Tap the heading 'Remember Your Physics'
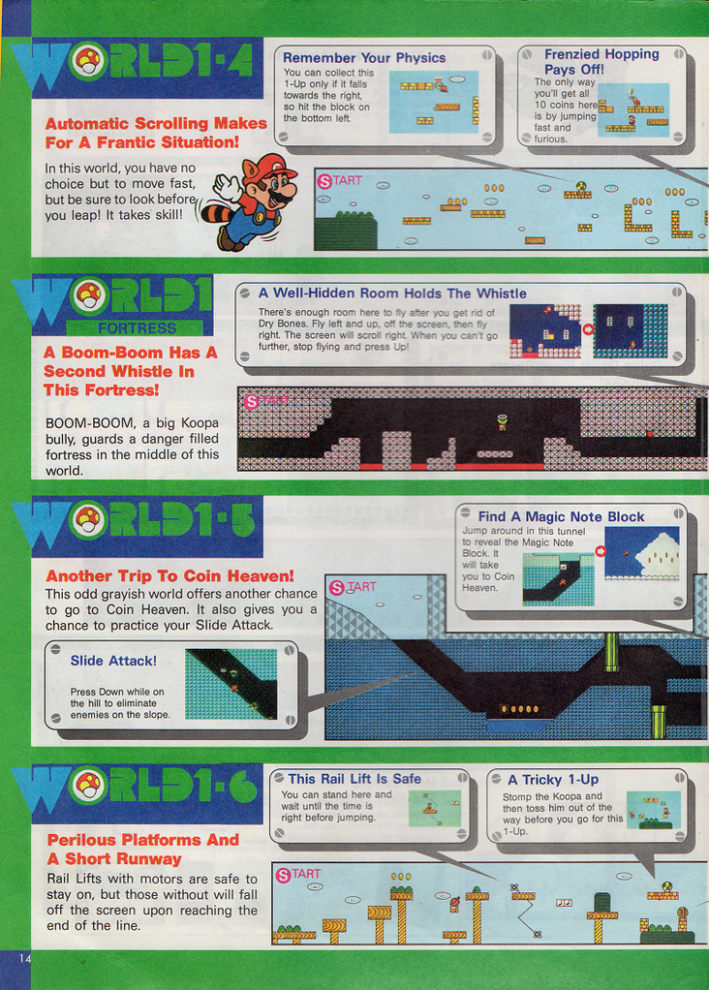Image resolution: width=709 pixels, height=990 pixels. (x=364, y=58)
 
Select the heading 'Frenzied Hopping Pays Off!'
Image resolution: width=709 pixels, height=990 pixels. (x=601, y=62)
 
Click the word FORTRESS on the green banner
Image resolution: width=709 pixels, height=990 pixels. (x=137, y=327)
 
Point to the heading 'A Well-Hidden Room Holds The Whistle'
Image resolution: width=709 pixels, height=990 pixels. (x=392, y=293)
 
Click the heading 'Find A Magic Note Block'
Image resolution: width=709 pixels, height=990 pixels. (x=561, y=516)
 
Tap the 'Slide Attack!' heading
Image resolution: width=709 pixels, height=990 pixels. (x=113, y=661)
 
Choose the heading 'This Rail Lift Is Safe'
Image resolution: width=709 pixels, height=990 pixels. (x=354, y=779)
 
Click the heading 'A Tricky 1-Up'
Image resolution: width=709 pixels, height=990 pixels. (x=553, y=780)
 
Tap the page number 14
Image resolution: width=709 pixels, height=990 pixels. (x=24, y=958)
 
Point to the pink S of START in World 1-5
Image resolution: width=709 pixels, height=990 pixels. (x=337, y=588)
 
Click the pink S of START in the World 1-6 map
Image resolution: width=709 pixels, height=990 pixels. (x=283, y=875)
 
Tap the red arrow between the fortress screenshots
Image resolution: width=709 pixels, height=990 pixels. (x=587, y=329)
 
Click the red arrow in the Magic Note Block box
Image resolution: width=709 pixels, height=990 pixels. (x=600, y=551)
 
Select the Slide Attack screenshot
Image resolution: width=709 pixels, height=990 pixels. (x=231, y=685)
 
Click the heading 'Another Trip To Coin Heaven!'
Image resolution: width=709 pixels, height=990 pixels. (x=170, y=575)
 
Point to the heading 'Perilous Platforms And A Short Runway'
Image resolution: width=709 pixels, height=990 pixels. (x=142, y=850)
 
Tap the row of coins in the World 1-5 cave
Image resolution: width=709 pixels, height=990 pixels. (x=519, y=709)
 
